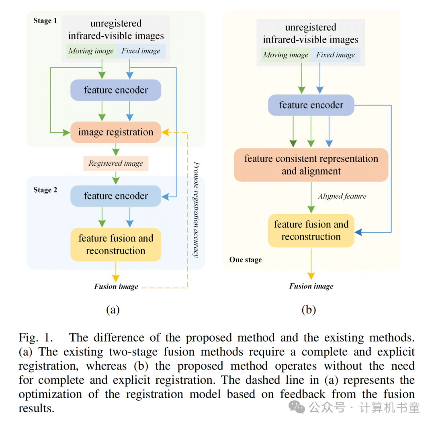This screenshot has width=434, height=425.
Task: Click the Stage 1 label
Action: (x=45, y=21)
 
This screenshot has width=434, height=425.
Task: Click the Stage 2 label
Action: (x=45, y=190)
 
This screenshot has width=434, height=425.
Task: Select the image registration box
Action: (x=116, y=132)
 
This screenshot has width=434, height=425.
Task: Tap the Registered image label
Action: (x=116, y=163)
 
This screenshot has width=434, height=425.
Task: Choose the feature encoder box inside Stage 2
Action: (x=116, y=196)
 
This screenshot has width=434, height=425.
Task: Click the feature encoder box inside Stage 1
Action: (x=116, y=90)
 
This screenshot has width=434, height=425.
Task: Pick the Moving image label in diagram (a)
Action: (x=91, y=51)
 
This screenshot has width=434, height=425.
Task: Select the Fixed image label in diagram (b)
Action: (x=336, y=55)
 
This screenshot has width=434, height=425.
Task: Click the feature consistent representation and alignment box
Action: (x=311, y=165)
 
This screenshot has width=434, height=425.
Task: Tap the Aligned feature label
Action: (x=342, y=196)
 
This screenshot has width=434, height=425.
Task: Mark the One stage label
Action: (x=246, y=260)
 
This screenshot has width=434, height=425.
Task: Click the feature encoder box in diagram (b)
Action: (x=311, y=105)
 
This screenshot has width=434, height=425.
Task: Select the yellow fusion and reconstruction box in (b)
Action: (x=311, y=230)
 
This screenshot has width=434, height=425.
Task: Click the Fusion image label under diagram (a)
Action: (x=116, y=287)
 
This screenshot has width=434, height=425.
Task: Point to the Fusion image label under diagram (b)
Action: (x=311, y=286)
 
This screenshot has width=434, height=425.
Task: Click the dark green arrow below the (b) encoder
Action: (x=293, y=132)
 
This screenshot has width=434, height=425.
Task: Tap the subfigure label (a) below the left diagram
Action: (x=113, y=309)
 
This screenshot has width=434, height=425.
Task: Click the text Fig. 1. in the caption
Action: (x=37, y=338)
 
